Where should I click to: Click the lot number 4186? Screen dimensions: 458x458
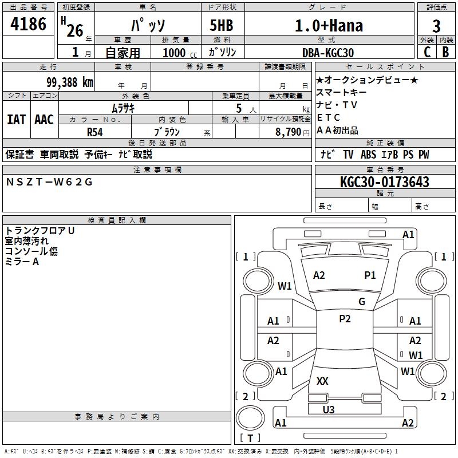pyautogui.click(x=28, y=24)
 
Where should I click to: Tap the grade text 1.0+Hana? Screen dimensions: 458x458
pyautogui.click(x=329, y=25)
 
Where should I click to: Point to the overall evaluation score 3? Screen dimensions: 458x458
pyautogui.click(x=436, y=26)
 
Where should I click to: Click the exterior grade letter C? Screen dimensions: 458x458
pyautogui.click(x=427, y=52)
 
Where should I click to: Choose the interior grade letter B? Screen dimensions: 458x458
pyautogui.click(x=446, y=52)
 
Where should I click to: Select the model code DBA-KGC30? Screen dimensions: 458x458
pyautogui.click(x=328, y=53)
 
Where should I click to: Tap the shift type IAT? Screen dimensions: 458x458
pyautogui.click(x=16, y=120)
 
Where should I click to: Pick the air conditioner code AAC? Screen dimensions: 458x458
pyautogui.click(x=44, y=120)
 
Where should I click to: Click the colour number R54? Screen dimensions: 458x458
pyautogui.click(x=95, y=132)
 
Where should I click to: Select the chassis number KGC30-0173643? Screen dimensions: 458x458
pyautogui.click(x=384, y=183)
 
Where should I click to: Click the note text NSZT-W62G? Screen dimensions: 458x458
pyautogui.click(x=49, y=182)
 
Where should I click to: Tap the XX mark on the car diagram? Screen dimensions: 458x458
pyautogui.click(x=322, y=381)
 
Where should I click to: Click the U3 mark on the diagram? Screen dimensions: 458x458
pyautogui.click(x=329, y=409)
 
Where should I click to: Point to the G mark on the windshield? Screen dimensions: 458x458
pyautogui.click(x=362, y=302)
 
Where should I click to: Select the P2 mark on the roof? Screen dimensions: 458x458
pyautogui.click(x=345, y=319)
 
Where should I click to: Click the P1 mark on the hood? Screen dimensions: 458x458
pyautogui.click(x=370, y=275)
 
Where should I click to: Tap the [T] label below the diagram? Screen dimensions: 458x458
pyautogui.click(x=250, y=438)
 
